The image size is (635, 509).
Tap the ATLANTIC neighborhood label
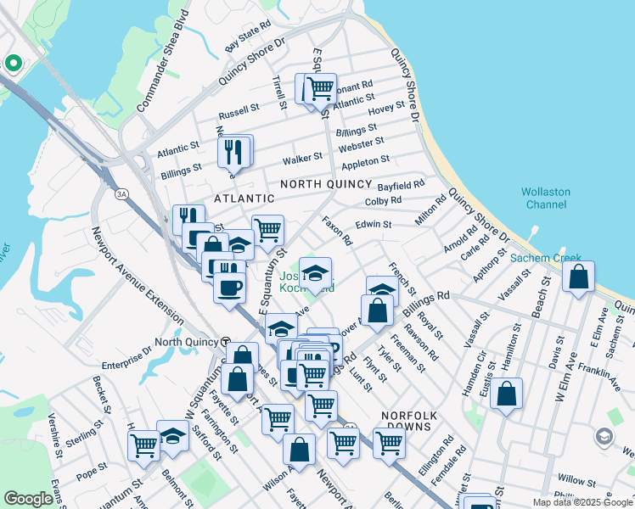[x=244, y=199]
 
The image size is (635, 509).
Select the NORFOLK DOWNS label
[x=408, y=415]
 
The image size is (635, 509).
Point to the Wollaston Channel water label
[x=546, y=199]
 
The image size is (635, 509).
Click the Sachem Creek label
[x=545, y=257]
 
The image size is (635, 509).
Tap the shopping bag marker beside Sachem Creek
[x=578, y=277]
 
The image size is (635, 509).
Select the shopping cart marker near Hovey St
[x=320, y=87]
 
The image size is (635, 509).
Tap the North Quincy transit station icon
[x=226, y=341]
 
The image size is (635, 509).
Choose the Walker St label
[x=302, y=157]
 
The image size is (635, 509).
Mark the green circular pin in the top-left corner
[x=14, y=63]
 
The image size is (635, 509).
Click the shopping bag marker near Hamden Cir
[x=506, y=394]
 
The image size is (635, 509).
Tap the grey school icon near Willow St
[x=604, y=437]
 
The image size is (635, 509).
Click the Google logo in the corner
[x=28, y=499]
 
